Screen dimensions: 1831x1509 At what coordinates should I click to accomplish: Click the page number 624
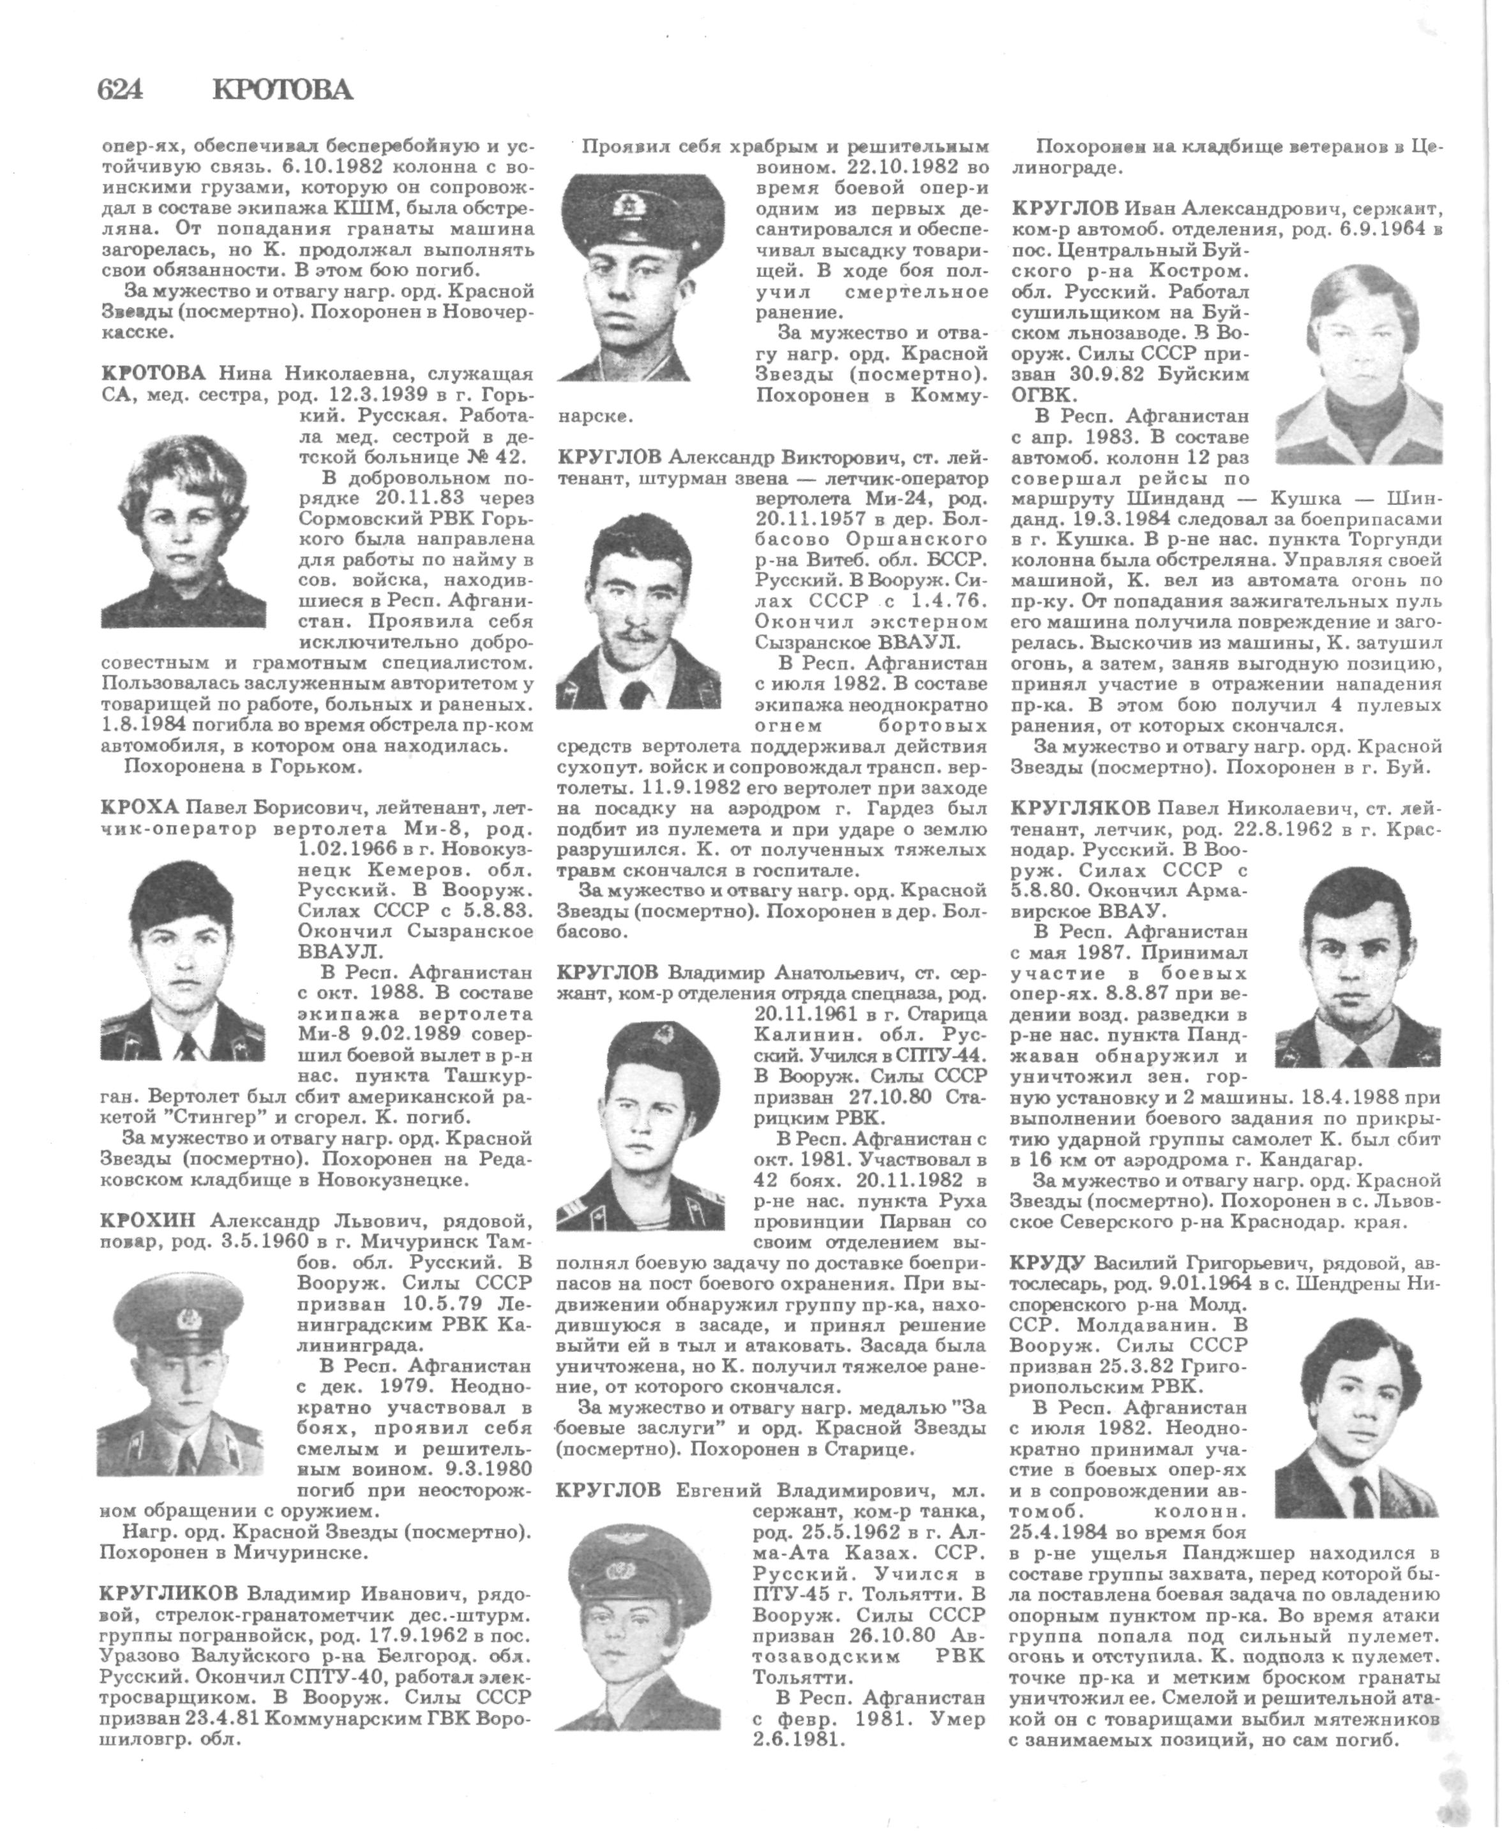pos(120,89)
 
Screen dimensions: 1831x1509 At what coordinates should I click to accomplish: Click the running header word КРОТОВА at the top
pos(283,89)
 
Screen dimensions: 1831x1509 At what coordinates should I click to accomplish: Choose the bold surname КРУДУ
pos(1048,1261)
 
